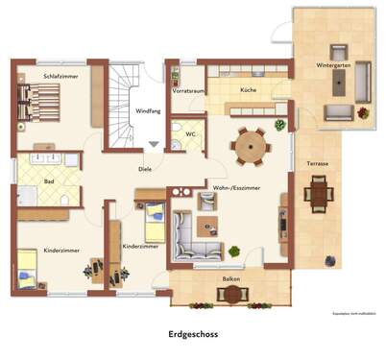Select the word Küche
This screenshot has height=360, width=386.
click(248, 89)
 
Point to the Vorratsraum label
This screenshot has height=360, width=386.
click(188, 90)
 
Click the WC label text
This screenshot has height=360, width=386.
click(191, 133)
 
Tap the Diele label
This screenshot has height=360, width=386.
click(144, 168)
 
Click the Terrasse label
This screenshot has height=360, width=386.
click(318, 164)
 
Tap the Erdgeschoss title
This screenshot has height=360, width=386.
click(194, 333)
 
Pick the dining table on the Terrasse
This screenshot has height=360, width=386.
click(319, 194)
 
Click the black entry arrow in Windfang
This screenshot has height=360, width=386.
click(153, 144)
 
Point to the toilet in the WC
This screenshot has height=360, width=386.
click(178, 139)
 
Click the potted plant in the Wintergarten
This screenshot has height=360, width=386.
click(363, 112)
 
